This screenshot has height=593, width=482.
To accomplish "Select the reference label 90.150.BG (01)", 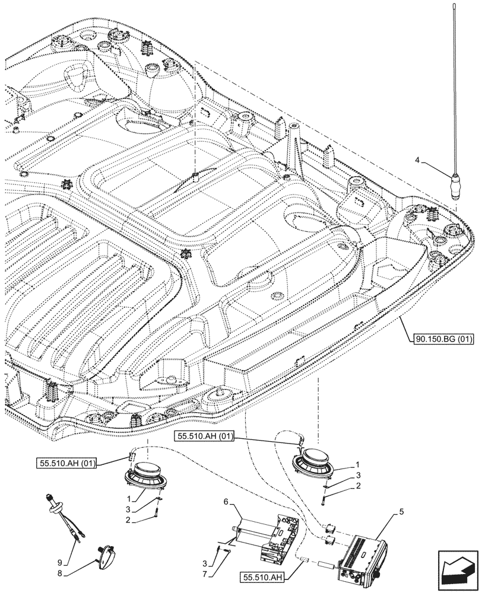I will point(440,340).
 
